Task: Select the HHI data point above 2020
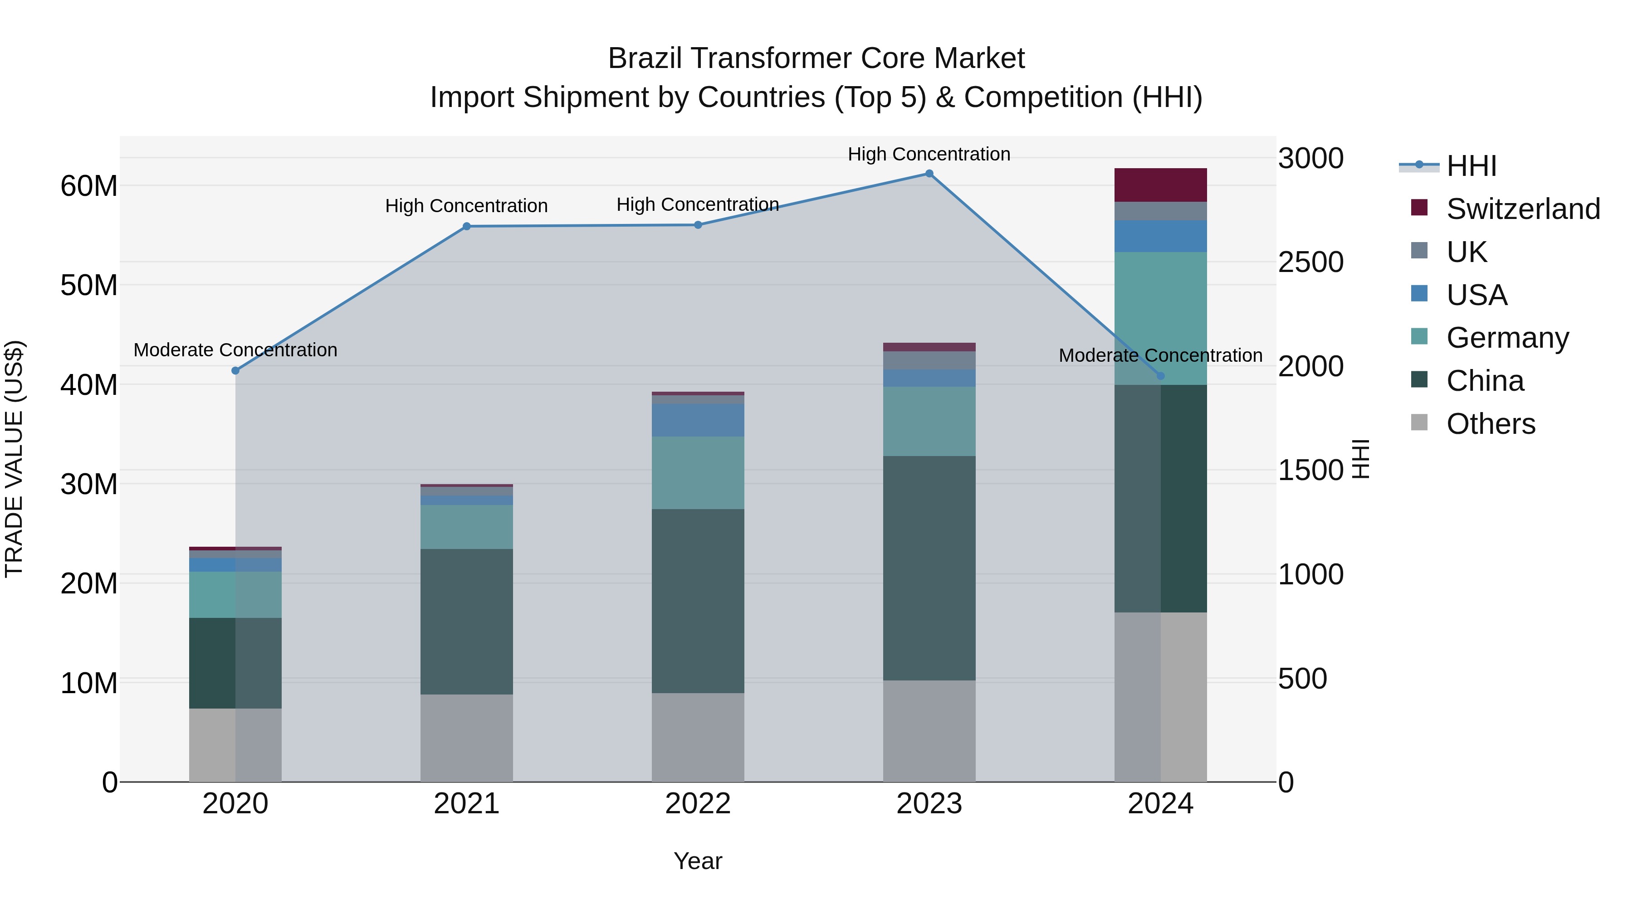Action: pyautogui.click(x=235, y=371)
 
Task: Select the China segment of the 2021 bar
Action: pyautogui.click(x=467, y=622)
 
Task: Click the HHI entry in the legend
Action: pyautogui.click(x=1471, y=166)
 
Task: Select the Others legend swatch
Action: pyautogui.click(x=1419, y=423)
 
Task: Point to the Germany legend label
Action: pyautogui.click(x=1507, y=338)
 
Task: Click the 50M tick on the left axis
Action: pyautogui.click(x=89, y=285)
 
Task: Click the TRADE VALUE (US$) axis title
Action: pyautogui.click(x=14, y=459)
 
